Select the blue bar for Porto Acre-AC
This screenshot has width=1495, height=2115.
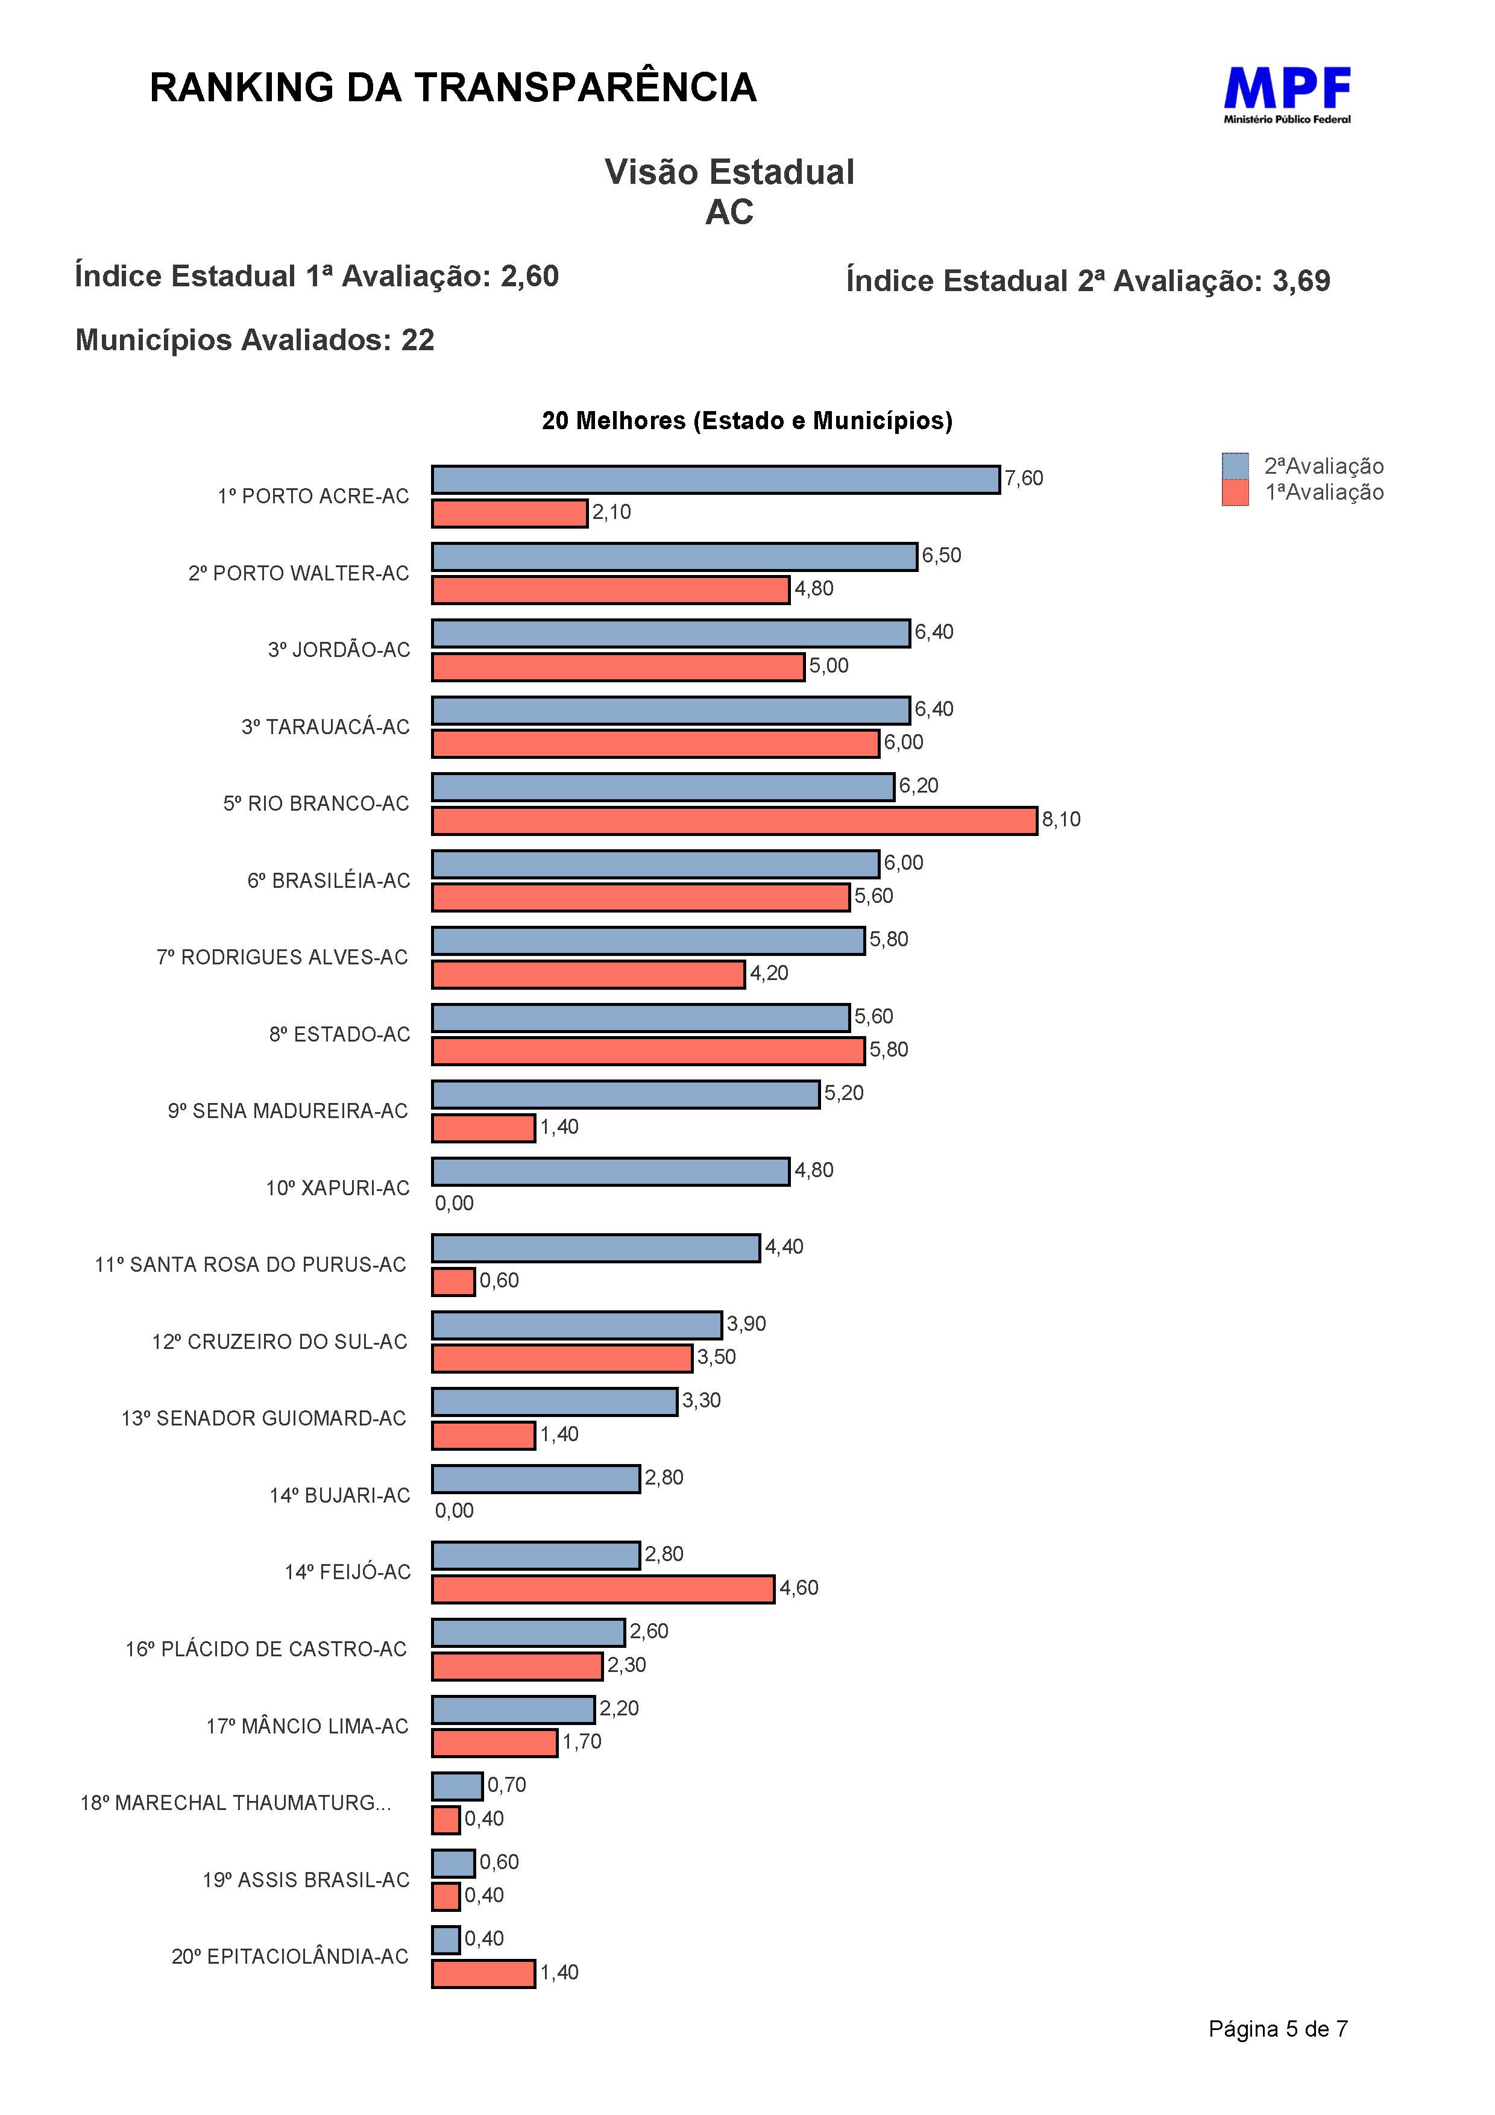(x=716, y=479)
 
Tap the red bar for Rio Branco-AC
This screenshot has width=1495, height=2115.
(x=734, y=821)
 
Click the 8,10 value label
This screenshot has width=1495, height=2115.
(x=1061, y=819)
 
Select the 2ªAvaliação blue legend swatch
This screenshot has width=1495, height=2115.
(x=1235, y=466)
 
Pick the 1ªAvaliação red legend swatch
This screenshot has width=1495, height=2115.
(x=1235, y=493)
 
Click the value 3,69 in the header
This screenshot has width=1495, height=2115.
(x=1301, y=280)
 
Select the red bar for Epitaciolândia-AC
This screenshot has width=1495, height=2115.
(x=483, y=1973)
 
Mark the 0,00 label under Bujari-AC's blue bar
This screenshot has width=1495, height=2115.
(x=454, y=1510)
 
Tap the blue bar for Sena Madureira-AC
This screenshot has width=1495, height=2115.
(x=626, y=1095)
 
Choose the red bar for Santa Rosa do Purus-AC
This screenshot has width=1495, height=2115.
(x=453, y=1281)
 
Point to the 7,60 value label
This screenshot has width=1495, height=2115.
(x=1024, y=478)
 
